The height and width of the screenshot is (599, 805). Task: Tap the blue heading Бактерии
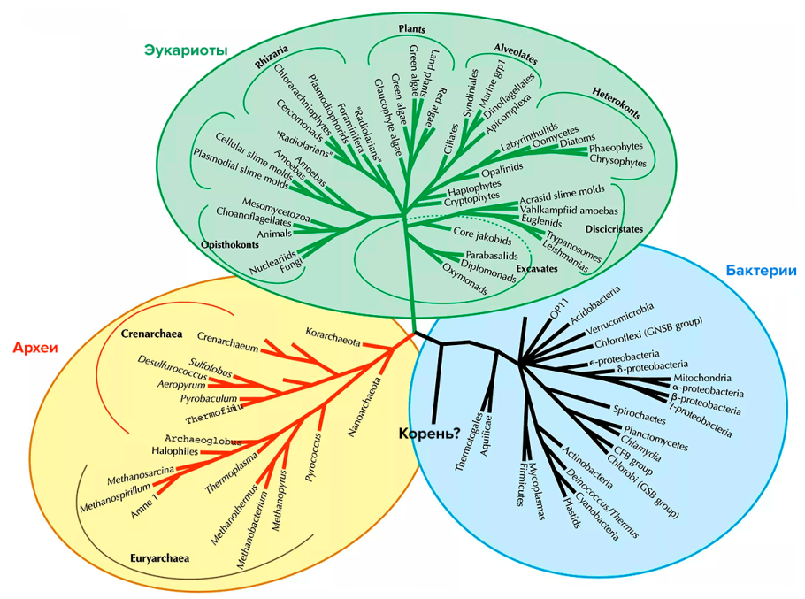pyautogui.click(x=761, y=271)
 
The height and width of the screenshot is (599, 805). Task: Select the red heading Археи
pyautogui.click(x=34, y=347)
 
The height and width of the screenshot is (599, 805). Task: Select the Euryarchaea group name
pyautogui.click(x=160, y=559)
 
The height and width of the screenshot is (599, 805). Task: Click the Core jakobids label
pyautogui.click(x=482, y=239)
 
